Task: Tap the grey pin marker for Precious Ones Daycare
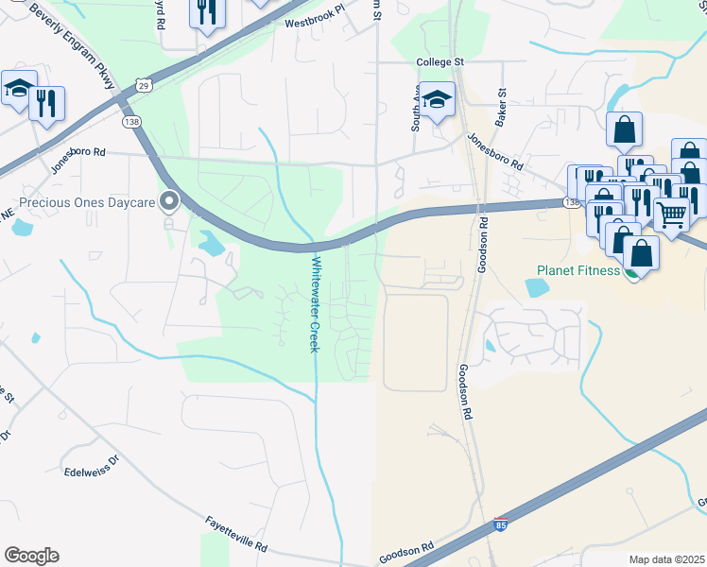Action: pyautogui.click(x=170, y=200)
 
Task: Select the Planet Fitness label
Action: pyautogui.click(x=576, y=270)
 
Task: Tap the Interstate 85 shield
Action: pyautogui.click(x=502, y=524)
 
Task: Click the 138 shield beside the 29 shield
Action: pyautogui.click(x=131, y=121)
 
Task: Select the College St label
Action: pyautogui.click(x=442, y=62)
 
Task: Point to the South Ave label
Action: pyautogui.click(x=414, y=111)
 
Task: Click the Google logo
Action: pyautogui.click(x=31, y=556)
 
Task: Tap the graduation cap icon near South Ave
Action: pyautogui.click(x=438, y=98)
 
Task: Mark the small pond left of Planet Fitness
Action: pyautogui.click(x=536, y=287)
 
